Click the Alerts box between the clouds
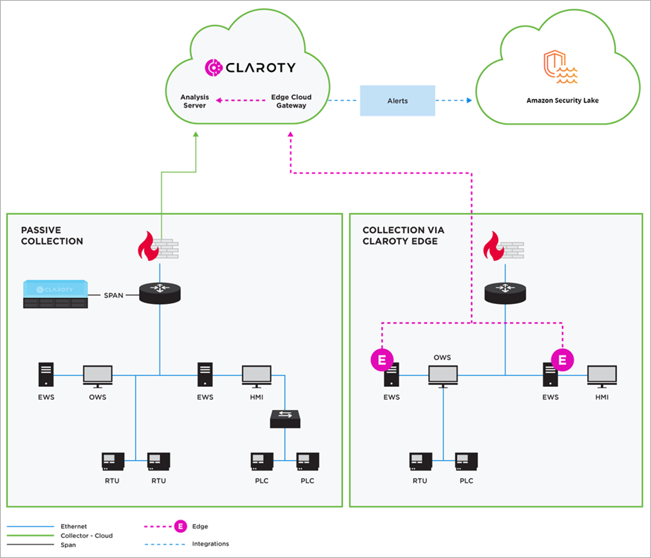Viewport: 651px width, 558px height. click(397, 101)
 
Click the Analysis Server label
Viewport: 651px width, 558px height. click(195, 101)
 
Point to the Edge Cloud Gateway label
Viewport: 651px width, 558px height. click(291, 101)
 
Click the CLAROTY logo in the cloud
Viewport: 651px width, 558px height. click(251, 67)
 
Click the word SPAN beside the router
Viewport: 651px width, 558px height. click(114, 295)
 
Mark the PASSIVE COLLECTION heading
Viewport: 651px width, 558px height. click(52, 236)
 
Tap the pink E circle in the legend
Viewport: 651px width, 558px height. click(180, 527)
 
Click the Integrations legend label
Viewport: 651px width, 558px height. click(211, 544)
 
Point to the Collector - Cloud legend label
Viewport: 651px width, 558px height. click(86, 535)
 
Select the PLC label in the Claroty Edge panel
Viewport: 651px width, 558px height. click(467, 481)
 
